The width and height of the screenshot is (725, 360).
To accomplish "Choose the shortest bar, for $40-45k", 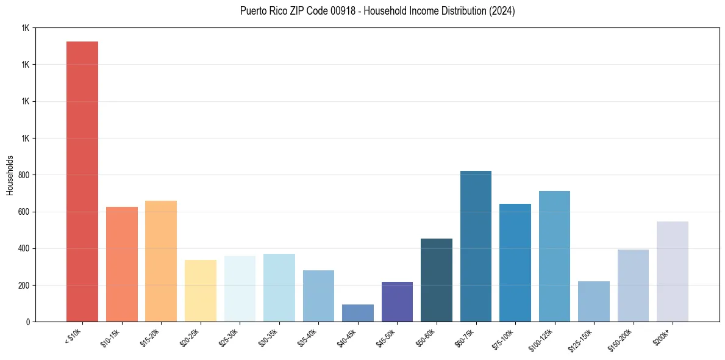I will coord(357,313).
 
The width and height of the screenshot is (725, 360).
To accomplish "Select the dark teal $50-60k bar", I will coord(436,280).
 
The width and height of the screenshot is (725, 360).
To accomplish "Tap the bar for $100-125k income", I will coord(554,256).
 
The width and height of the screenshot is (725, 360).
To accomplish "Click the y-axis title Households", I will coord(10,175).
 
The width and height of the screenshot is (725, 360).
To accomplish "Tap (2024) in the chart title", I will coord(501,11).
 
